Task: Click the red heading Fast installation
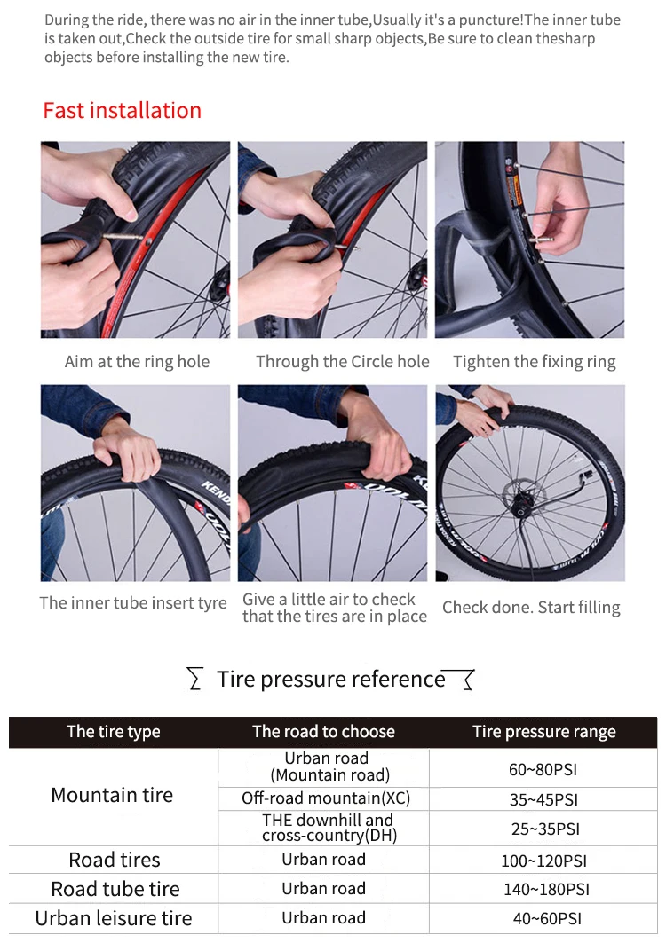click(x=122, y=110)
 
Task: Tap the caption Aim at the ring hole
click(x=138, y=361)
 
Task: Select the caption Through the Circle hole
click(x=343, y=361)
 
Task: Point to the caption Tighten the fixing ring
click(x=535, y=362)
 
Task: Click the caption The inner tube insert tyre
click(x=133, y=603)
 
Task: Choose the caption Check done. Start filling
click(x=531, y=607)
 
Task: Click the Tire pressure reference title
click(x=331, y=680)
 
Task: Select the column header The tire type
click(x=114, y=732)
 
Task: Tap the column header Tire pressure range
click(x=544, y=732)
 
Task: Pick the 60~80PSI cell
click(x=543, y=770)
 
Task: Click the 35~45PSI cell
click(x=543, y=799)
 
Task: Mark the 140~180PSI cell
click(x=546, y=889)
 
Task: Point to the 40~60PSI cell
click(x=547, y=919)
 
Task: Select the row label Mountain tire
click(x=112, y=795)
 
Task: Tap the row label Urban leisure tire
click(x=114, y=918)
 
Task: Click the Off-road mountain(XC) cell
click(x=326, y=798)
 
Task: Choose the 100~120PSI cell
click(x=544, y=861)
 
